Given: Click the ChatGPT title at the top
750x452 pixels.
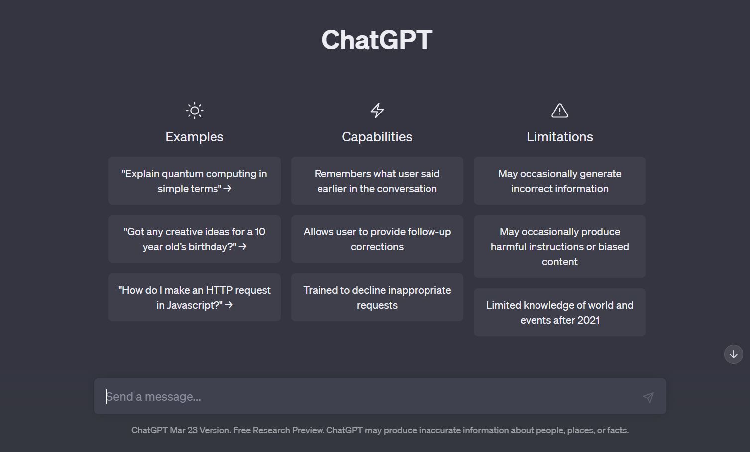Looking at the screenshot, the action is tap(377, 40).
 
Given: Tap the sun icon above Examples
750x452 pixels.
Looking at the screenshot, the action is tap(195, 111).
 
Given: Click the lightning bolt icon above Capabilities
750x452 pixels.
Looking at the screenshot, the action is tap(377, 111).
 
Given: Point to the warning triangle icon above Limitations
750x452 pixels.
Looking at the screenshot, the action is tap(560, 111).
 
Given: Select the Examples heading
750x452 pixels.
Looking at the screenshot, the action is tap(195, 137).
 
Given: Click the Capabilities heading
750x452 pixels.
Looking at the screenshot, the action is tap(377, 137).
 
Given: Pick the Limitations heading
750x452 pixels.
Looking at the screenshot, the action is tap(560, 137).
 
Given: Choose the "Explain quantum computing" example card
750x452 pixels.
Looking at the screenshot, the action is tap(195, 181).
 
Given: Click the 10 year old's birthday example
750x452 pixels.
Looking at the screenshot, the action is tap(195, 239).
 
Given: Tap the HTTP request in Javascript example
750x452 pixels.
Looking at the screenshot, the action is tap(195, 297).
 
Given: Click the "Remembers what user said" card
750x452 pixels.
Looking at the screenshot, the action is tap(377, 181).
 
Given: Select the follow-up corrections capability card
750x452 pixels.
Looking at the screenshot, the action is tap(377, 239).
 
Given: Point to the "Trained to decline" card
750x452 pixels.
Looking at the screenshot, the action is tap(377, 297).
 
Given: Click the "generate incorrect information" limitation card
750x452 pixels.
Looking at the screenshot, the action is tap(560, 181).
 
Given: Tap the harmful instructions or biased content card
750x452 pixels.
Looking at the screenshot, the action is tap(560, 246).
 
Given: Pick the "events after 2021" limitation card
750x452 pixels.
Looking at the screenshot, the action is tap(560, 312).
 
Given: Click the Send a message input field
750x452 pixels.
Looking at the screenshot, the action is tap(368, 396).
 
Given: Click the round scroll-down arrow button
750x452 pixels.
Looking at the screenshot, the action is tap(733, 354).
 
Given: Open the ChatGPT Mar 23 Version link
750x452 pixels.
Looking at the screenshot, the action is tap(180, 430).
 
